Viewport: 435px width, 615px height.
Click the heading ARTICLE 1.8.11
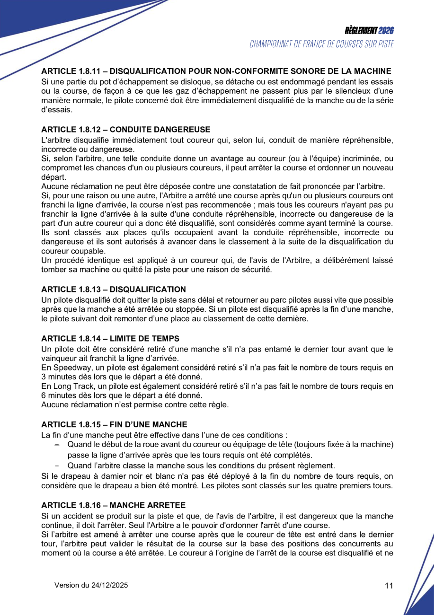pos(216,71)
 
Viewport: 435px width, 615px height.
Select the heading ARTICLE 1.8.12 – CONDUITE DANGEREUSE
pos(125,130)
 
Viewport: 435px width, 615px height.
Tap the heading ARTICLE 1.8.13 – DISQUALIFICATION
pos(113,289)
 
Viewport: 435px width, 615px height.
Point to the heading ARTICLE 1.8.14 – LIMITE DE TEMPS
pos(110,338)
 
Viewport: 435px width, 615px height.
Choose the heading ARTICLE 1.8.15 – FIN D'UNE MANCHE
pos(114,424)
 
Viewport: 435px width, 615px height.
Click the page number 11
pos(389,586)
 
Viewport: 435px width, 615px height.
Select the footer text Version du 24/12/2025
pos(91,585)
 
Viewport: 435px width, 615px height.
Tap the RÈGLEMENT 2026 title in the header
pos(369,31)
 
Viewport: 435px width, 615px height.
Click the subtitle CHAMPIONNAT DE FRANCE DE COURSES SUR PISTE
pos(321,44)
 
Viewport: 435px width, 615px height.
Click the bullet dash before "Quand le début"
pos(57,445)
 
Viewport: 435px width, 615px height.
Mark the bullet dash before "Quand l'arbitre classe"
pos(57,465)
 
